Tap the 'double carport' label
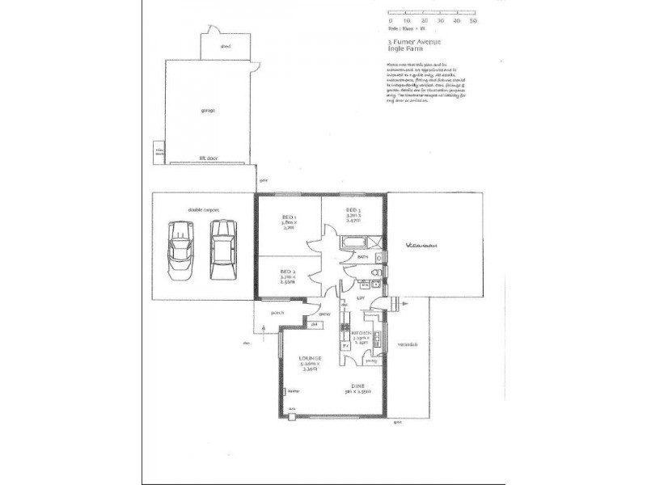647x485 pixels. pos(205,209)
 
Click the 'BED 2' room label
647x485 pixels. pos(287,272)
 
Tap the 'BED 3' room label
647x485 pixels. pos(353,210)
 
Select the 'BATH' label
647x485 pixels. pos(362,257)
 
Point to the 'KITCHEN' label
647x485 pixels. pos(361,333)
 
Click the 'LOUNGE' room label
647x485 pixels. pos(311,358)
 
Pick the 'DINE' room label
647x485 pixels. pos(358,386)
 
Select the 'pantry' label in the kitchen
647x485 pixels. pos(371,361)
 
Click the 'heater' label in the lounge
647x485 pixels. pos(293,390)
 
